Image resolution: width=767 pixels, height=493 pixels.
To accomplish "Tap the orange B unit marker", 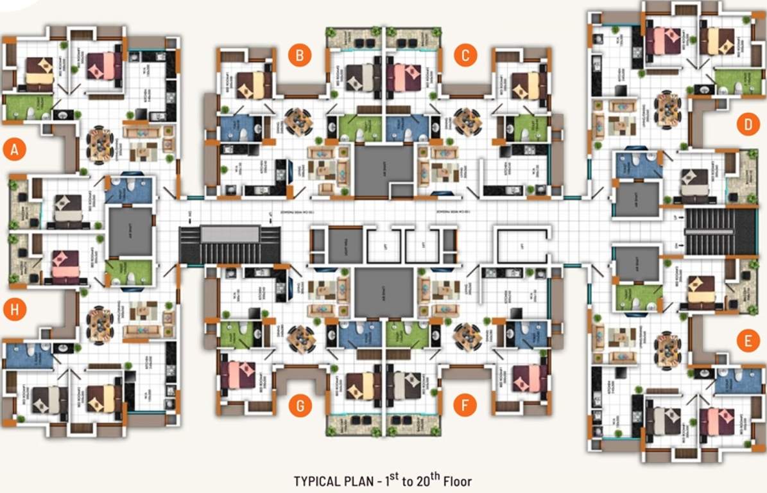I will [300, 55].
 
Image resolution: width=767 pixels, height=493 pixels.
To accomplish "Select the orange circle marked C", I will [465, 55].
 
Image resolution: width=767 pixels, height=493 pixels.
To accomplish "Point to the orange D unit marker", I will [748, 125].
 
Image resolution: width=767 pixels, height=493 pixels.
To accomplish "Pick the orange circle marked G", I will [300, 405].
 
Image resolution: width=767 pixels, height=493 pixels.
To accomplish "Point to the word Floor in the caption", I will [458, 481].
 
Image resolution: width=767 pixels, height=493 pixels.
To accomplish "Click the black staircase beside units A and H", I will [230, 244].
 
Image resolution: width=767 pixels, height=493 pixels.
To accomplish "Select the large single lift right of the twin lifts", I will [521, 245].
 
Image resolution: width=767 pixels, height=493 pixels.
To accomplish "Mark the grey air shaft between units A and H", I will [131, 231].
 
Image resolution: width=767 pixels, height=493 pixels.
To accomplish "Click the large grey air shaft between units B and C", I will [384, 169].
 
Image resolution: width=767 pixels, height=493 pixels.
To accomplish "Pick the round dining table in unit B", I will [297, 119].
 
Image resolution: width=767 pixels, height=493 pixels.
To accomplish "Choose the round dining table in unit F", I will [467, 335].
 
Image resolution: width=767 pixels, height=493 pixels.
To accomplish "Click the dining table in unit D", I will [668, 105].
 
